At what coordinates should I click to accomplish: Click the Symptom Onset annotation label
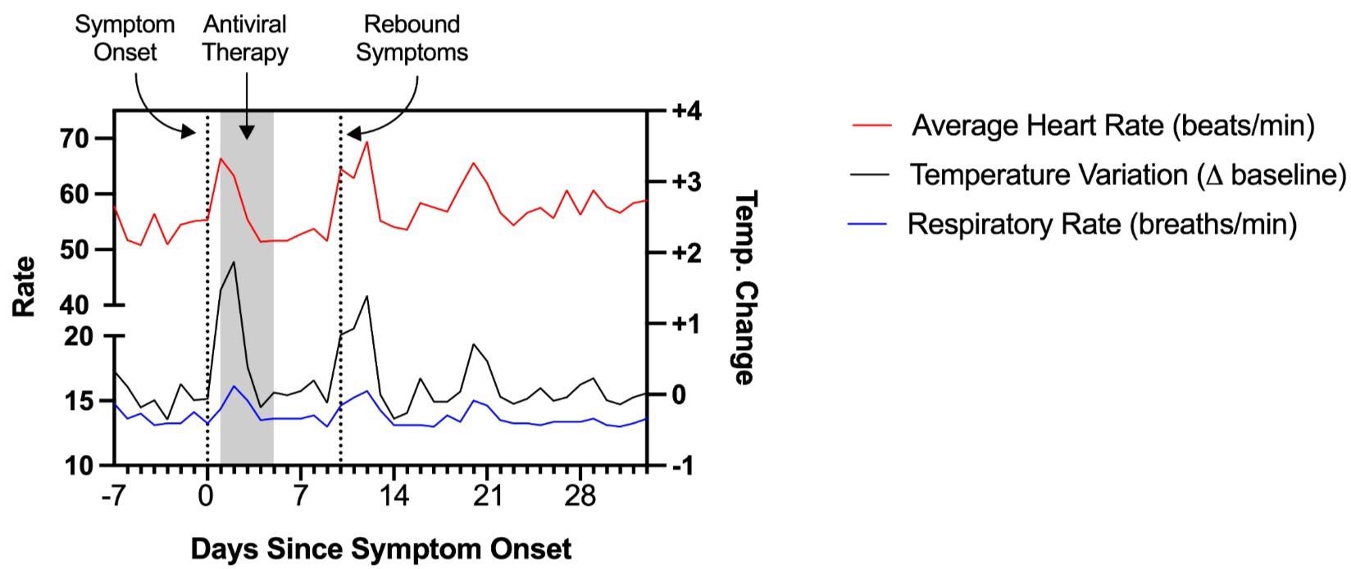(x=125, y=38)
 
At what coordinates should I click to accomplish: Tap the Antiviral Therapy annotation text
(x=245, y=38)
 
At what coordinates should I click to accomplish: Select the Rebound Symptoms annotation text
(x=412, y=38)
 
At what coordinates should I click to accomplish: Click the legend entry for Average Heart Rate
(x=1112, y=125)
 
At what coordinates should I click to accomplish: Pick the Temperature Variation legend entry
(x=1127, y=175)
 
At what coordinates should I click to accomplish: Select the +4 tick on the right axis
(x=686, y=111)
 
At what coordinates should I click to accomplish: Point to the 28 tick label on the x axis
(x=580, y=497)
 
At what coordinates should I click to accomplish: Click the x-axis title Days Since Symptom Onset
(x=380, y=548)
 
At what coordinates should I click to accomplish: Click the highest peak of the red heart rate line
(x=366, y=142)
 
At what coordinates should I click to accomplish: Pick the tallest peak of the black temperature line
(x=234, y=262)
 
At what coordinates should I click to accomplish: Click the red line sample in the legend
(x=871, y=125)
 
